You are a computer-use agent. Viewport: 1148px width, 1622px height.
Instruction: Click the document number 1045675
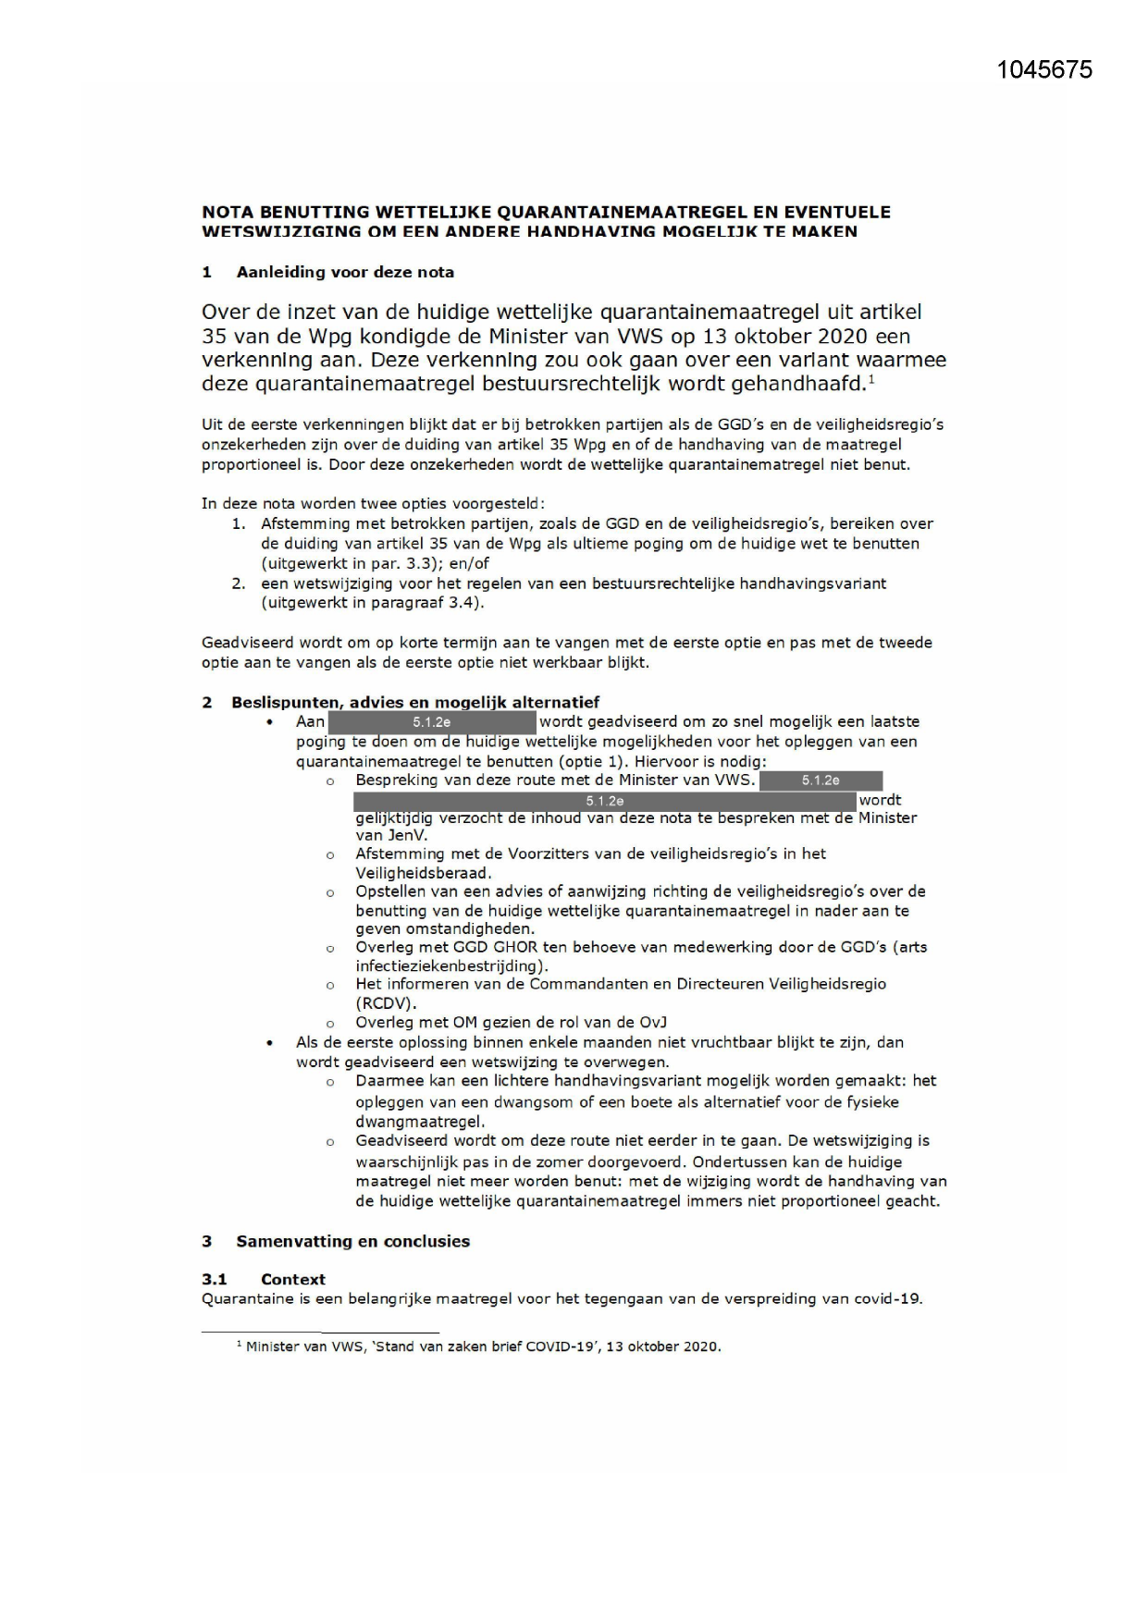click(x=1044, y=70)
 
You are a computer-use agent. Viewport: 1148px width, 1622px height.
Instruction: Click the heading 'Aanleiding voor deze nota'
click(x=345, y=272)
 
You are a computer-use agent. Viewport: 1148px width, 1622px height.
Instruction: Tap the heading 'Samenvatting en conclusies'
click(x=352, y=1241)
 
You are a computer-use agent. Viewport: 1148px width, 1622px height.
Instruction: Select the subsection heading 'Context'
click(x=292, y=1279)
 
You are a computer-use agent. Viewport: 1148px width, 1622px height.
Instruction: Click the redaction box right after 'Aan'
click(x=431, y=722)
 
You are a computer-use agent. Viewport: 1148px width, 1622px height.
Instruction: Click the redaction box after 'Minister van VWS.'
click(x=821, y=780)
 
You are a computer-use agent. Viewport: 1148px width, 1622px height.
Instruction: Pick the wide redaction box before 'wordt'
click(x=605, y=801)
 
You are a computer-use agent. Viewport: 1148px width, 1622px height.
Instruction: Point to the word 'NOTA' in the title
click(x=228, y=213)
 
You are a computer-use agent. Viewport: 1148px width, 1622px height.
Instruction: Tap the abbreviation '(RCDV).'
click(x=387, y=1002)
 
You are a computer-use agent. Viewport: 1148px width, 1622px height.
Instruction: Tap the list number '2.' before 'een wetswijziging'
click(x=239, y=584)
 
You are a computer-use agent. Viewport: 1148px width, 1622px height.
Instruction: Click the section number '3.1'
click(x=215, y=1279)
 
